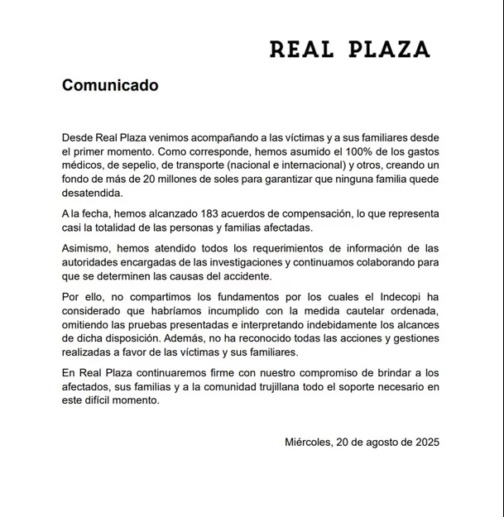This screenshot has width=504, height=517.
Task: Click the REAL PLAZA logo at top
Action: tap(349, 50)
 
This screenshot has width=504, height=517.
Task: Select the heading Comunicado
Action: tap(110, 85)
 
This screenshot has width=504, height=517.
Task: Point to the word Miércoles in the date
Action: tap(308, 442)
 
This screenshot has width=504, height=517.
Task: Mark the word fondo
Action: tap(78, 180)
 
